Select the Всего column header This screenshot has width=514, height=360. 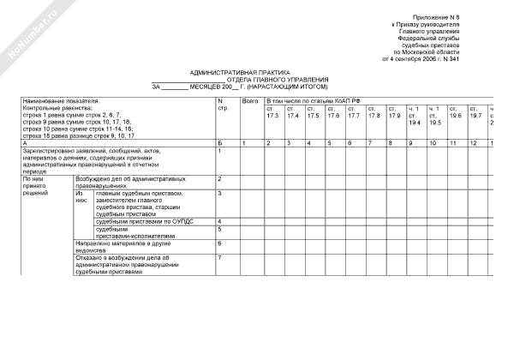250,101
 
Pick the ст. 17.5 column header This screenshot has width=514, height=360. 313,112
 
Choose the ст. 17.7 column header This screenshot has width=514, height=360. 353,112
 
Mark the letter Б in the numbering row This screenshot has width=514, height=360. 221,141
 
